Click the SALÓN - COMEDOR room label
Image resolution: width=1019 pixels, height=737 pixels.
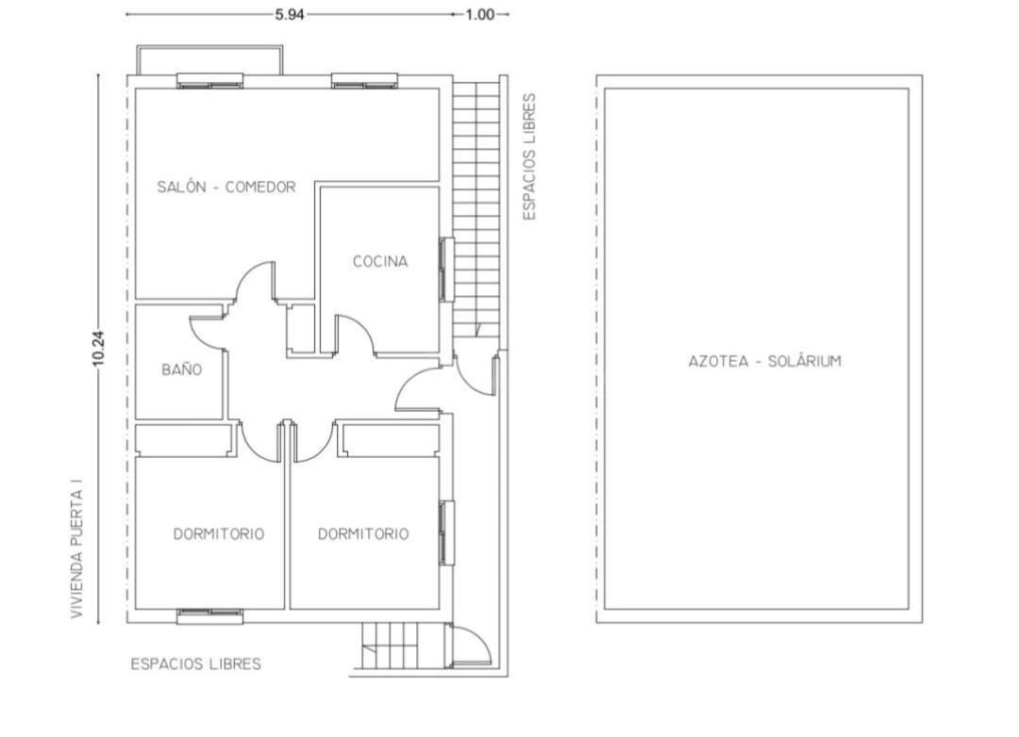coord(226,187)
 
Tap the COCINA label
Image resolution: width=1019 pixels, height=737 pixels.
coord(380,262)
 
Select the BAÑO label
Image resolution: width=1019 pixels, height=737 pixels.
coord(181,369)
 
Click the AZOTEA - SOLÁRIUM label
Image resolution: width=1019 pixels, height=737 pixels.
coord(765,361)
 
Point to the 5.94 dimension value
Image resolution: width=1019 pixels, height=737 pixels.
coord(290,14)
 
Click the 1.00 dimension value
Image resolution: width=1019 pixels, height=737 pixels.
coord(480,14)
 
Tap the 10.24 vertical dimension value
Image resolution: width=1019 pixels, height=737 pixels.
coord(98,349)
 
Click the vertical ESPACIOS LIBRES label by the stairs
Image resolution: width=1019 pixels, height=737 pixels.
coord(529,156)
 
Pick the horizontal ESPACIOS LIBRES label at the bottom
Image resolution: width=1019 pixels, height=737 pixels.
coord(195,664)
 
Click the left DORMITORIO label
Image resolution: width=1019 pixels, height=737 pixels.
coord(218,533)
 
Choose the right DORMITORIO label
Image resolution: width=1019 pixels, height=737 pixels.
coord(363,533)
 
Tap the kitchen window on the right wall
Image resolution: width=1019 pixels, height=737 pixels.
coord(446,270)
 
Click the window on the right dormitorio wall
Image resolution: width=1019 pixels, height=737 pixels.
coord(446,532)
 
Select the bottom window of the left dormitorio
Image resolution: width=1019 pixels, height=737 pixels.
coord(209,616)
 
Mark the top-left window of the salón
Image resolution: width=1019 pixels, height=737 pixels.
coord(209,80)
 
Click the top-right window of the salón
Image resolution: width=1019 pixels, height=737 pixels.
coord(364,80)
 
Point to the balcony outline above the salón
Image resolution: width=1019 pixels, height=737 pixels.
coord(209,46)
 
